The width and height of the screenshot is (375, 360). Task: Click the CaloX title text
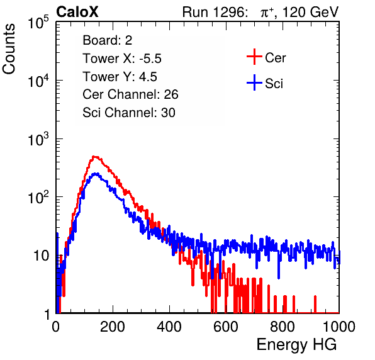point(77,12)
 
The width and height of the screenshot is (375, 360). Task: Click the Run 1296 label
point(215,12)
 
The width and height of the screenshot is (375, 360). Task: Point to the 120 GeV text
point(311,12)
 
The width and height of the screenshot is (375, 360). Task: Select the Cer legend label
point(275,58)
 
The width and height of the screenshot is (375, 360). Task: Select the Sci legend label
point(274,84)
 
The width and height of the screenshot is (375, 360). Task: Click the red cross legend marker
point(254,57)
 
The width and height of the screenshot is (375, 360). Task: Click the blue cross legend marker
point(254,82)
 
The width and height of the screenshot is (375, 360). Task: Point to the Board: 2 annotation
point(108,40)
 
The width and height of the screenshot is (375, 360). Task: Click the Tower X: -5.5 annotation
point(122,59)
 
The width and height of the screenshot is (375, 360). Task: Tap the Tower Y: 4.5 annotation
point(120,77)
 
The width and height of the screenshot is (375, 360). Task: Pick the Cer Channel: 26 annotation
point(130,94)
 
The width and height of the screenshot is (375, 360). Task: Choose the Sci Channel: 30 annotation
point(129,113)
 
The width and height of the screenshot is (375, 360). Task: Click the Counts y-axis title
point(9,49)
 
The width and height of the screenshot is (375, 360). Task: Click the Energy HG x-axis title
point(296,345)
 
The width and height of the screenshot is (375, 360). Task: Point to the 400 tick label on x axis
point(169,327)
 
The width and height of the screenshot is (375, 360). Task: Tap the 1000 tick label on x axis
point(339,327)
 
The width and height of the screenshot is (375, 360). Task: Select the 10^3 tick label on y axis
point(38,138)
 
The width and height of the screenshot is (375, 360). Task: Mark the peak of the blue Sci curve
point(96,174)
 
